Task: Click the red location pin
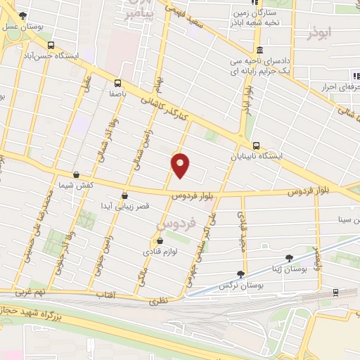point(181,165)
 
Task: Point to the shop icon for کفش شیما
point(75,175)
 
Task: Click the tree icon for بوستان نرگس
point(242,274)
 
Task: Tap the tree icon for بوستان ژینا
point(289,257)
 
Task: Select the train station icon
point(335,291)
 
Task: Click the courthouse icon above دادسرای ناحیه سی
point(258,51)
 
